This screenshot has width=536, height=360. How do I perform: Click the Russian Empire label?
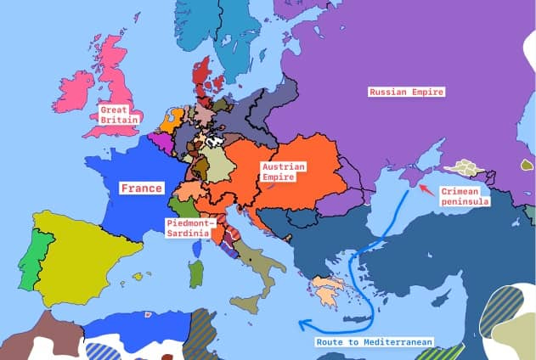pyautogui.click(x=407, y=92)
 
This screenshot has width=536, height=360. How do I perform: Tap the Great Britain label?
pyautogui.click(x=119, y=115)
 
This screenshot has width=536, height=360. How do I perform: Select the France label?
pyautogui.click(x=141, y=188)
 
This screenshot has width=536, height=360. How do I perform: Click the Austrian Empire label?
pyautogui.click(x=284, y=172)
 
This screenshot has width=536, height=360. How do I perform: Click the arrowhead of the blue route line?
pyautogui.click(x=303, y=324)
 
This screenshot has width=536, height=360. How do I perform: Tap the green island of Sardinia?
pyautogui.click(x=196, y=273)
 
